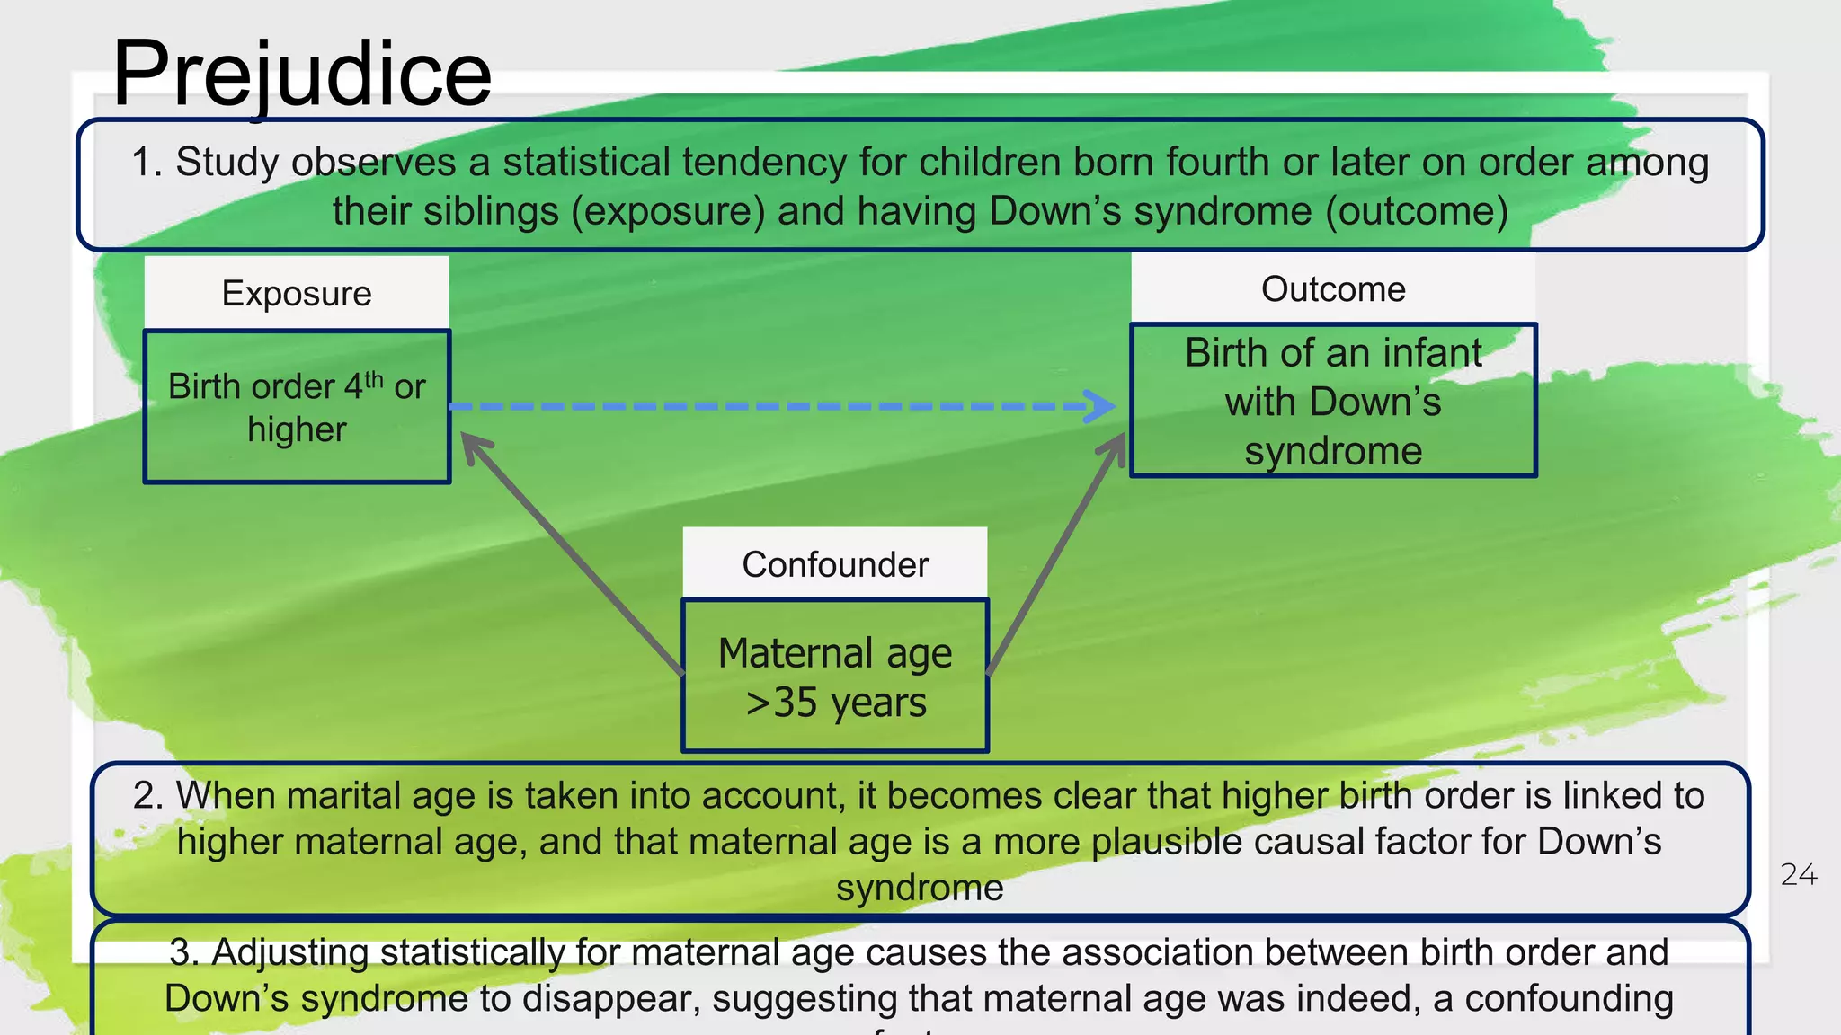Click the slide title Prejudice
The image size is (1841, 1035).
coord(302,74)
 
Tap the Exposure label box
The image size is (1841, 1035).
coord(297,293)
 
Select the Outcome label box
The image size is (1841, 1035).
coord(1332,289)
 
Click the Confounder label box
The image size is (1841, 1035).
coord(834,564)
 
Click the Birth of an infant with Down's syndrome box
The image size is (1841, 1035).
coord(1332,401)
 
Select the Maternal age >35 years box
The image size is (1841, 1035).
coord(834,676)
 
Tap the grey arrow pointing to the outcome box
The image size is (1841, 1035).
coord(1057,552)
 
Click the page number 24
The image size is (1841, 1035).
coord(1798,874)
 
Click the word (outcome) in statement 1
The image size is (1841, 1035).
coord(1417,212)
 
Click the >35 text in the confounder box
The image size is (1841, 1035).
coord(781,703)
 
